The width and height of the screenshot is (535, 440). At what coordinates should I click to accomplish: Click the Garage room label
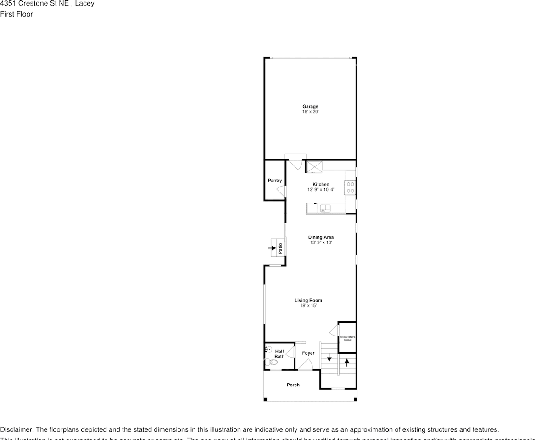click(x=310, y=107)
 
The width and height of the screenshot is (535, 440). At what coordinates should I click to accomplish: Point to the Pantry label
click(x=275, y=181)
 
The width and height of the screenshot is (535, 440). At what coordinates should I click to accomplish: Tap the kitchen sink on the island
click(x=325, y=209)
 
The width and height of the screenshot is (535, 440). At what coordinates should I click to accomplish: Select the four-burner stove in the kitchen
click(x=350, y=187)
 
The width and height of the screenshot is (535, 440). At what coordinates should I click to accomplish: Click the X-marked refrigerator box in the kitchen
click(x=315, y=166)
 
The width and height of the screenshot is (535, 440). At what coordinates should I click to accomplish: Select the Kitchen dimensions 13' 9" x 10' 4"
click(x=321, y=189)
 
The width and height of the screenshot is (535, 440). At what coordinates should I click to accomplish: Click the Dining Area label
click(x=321, y=237)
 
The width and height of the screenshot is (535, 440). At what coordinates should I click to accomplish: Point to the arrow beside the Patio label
click(x=272, y=248)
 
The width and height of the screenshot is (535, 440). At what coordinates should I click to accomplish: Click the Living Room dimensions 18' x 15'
click(x=308, y=305)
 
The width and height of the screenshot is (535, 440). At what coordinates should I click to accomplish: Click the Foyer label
click(x=308, y=353)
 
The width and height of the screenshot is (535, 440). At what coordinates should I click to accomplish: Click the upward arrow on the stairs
click(x=347, y=362)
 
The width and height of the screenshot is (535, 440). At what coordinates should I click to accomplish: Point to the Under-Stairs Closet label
click(x=347, y=338)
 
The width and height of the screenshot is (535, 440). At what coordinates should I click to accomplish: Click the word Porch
click(x=293, y=385)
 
